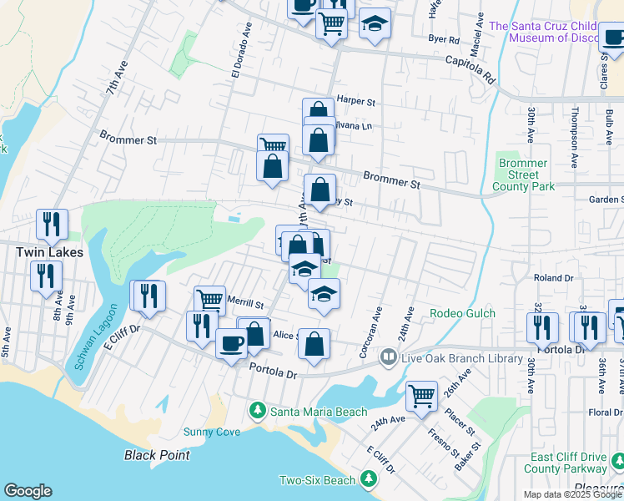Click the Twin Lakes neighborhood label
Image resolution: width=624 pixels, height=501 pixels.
tap(46, 251)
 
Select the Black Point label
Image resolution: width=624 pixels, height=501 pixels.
tap(157, 455)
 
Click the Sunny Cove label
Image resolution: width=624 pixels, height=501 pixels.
tap(212, 432)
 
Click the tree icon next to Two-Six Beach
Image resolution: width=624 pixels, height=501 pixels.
tap(367, 479)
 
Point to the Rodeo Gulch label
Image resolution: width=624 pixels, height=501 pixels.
tap(462, 314)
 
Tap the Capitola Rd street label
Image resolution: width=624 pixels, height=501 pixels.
tap(470, 68)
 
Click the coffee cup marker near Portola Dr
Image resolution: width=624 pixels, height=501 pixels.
tap(231, 342)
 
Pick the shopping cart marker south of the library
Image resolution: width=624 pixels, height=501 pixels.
tap(422, 396)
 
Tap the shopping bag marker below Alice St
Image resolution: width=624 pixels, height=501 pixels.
tap(314, 345)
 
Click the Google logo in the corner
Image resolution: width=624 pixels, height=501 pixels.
tap(28, 491)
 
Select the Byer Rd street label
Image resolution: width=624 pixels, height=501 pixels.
tap(443, 39)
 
